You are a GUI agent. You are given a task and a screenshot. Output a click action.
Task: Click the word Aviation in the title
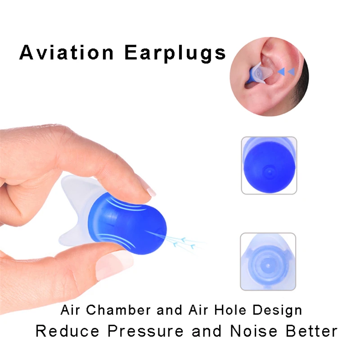coord(66,52)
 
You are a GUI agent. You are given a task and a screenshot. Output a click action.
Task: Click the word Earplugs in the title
coord(175,54)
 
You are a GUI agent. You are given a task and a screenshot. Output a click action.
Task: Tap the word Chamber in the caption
coord(118,310)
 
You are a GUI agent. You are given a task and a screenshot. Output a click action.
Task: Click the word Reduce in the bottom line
coord(67,331)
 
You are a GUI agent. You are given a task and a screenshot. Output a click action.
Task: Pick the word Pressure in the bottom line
coord(145,331)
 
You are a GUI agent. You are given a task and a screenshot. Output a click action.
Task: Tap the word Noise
coord(253,331)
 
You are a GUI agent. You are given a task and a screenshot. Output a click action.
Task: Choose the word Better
coord(311,331)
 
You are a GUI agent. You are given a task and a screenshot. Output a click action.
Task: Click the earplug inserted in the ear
coord(259,73)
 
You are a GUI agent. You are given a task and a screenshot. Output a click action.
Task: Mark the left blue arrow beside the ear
coord(282,72)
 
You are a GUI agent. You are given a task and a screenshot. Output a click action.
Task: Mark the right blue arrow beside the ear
coord(291,72)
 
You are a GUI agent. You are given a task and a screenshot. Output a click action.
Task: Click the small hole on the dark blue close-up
coord(270,171)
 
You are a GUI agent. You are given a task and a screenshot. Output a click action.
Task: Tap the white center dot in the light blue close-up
coord(268,265)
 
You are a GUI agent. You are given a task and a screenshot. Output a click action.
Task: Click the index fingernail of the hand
coord(151,191)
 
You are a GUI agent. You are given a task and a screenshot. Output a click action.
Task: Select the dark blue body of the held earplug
coord(127,223)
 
